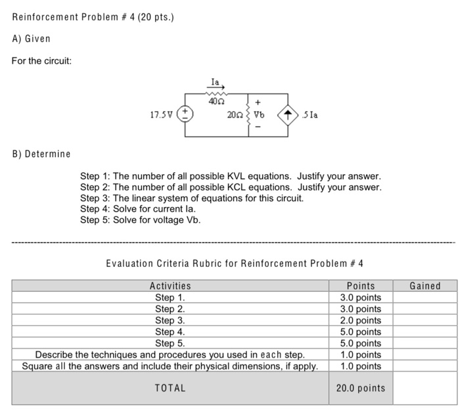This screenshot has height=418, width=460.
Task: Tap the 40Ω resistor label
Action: [x=215, y=102]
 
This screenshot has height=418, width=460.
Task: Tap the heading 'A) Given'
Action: [x=32, y=39]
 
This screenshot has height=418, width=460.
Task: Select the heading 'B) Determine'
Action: [x=41, y=154]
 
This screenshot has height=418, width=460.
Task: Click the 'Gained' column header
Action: [x=425, y=286]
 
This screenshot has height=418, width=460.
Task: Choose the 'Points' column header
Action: [x=361, y=286]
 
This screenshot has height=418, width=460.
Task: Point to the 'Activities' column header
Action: [x=170, y=286]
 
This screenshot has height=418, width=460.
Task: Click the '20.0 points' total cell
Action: [x=361, y=388]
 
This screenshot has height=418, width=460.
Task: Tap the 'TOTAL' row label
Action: [x=170, y=388]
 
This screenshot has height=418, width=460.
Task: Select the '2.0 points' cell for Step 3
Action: [x=361, y=320]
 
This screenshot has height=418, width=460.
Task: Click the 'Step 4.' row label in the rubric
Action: [x=170, y=332]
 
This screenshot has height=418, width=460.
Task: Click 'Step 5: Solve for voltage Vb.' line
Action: [x=140, y=220]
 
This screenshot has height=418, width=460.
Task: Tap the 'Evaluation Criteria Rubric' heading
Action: [x=235, y=264]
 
